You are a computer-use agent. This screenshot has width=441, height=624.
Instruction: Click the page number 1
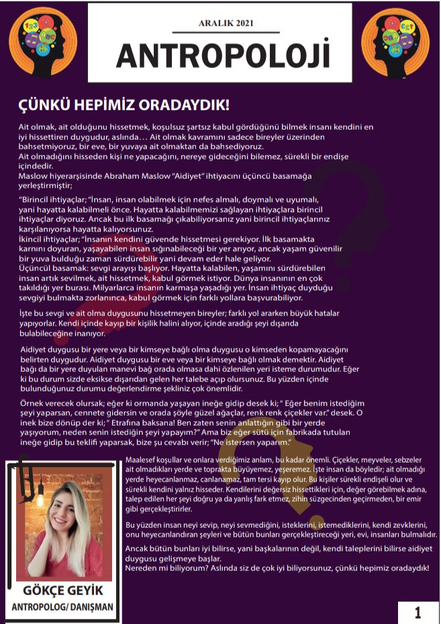tap(418, 613)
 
